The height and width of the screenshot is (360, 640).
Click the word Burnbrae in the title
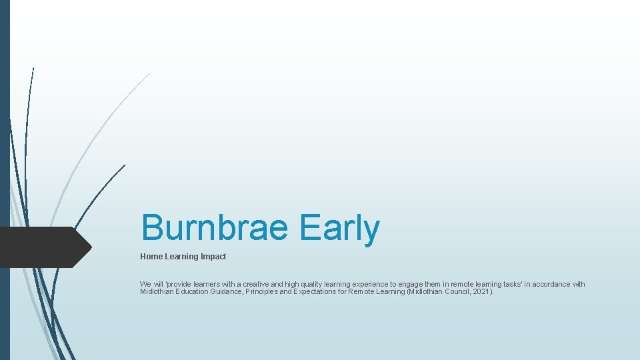214,228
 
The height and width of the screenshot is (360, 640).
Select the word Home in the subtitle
151,257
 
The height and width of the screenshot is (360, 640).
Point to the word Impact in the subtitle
213,257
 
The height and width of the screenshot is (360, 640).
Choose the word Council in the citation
455,292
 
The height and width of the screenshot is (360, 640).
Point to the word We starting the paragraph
145,284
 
